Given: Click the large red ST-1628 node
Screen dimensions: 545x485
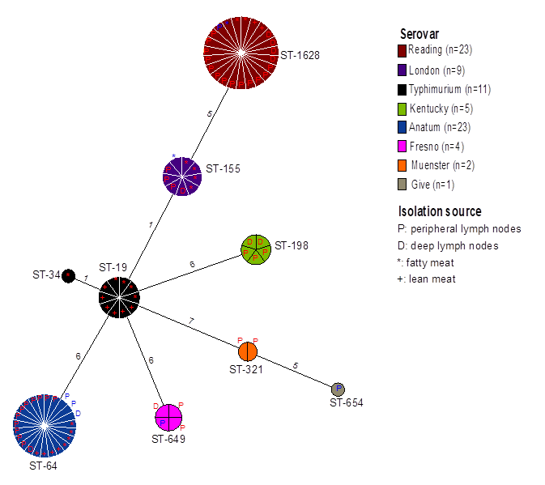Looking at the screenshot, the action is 241,53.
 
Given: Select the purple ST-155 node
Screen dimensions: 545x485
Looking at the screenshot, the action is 181,176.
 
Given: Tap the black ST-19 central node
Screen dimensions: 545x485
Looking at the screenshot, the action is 120,296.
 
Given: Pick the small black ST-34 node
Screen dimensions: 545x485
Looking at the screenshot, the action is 69,275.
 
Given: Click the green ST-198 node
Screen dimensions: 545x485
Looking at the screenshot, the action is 256,249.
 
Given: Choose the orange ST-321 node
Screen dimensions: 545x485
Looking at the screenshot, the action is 248,351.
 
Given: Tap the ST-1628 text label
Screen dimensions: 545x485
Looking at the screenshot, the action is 300,55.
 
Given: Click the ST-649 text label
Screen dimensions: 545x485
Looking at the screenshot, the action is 168,439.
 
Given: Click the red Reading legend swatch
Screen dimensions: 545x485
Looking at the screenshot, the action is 402,50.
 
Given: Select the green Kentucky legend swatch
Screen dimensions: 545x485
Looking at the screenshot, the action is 402,108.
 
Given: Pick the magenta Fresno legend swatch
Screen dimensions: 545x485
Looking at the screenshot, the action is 402,146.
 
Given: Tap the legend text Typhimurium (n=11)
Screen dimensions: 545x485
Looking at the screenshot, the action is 450,88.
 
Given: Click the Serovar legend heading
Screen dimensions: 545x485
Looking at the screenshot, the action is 419,34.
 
